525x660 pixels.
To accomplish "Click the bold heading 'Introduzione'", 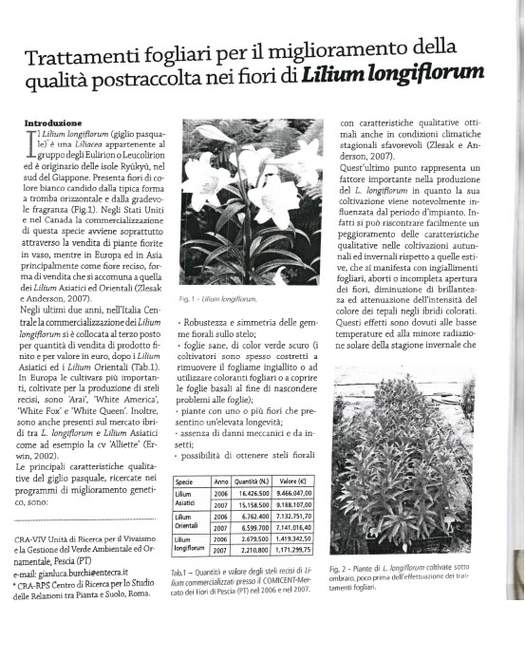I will (52, 123).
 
